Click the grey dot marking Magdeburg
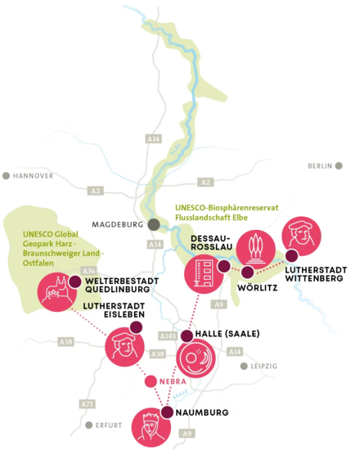click(x=152, y=223)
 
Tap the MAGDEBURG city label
click(x=118, y=223)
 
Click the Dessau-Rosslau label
click(x=214, y=245)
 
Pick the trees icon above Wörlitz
click(x=254, y=247)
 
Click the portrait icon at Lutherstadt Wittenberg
click(x=300, y=238)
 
